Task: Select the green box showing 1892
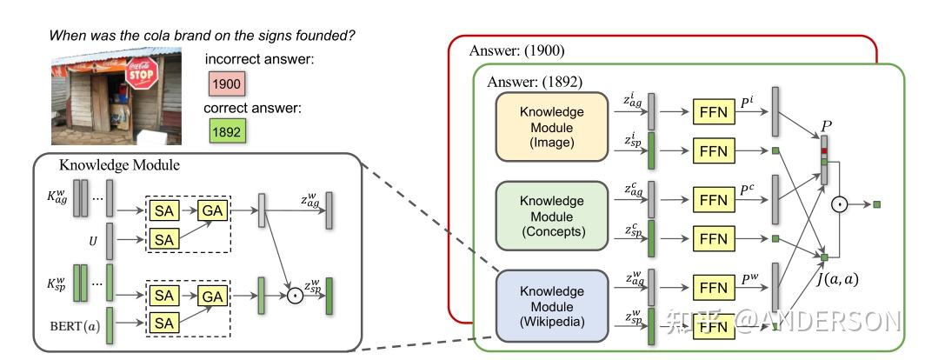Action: click(225, 130)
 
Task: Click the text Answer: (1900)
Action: click(517, 51)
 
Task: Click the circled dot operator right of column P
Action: click(839, 204)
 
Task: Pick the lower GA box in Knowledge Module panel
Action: click(212, 296)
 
